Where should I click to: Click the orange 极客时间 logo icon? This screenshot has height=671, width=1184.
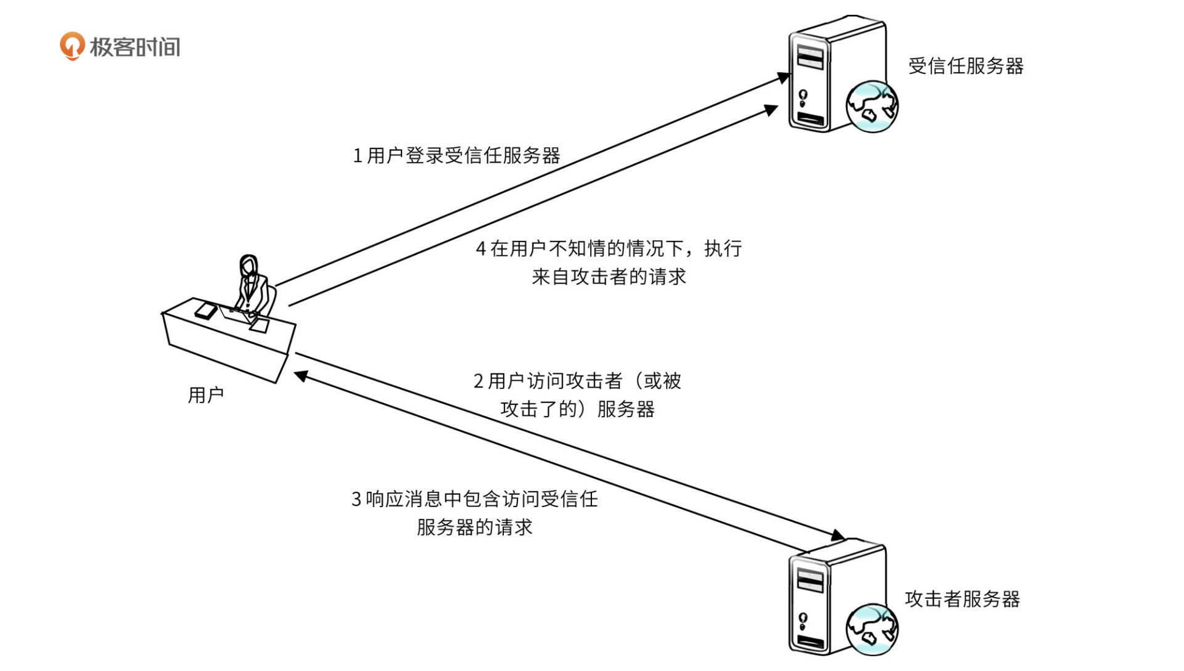pyautogui.click(x=72, y=46)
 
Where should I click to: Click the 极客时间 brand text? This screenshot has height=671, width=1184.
pyautogui.click(x=135, y=47)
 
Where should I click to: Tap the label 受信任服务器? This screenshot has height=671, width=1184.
pyautogui.click(x=965, y=66)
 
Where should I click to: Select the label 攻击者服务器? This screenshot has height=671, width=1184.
pyautogui.click(x=962, y=599)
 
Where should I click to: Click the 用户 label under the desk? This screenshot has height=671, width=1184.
pyautogui.click(x=205, y=395)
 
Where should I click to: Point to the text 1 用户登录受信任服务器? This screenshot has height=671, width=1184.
pyautogui.click(x=456, y=155)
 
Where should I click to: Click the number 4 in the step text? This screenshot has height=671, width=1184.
pyautogui.click(x=481, y=249)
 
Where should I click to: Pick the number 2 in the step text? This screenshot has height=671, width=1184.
pyautogui.click(x=479, y=381)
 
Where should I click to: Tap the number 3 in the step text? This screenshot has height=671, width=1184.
pyautogui.click(x=356, y=499)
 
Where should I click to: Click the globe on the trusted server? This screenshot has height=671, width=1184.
pyautogui.click(x=871, y=107)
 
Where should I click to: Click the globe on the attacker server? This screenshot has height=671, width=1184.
pyautogui.click(x=871, y=629)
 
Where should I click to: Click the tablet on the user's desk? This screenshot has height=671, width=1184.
pyautogui.click(x=205, y=311)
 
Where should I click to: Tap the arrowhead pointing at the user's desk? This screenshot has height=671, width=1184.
pyautogui.click(x=300, y=375)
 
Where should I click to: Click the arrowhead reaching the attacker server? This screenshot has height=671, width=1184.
pyautogui.click(x=837, y=535)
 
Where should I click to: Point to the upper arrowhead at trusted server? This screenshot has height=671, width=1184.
pyautogui.click(x=783, y=78)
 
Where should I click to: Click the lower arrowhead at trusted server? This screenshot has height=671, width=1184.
pyautogui.click(x=771, y=110)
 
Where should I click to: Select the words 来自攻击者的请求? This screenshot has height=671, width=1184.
pyautogui.click(x=609, y=277)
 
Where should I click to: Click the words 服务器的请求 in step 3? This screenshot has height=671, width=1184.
pyautogui.click(x=474, y=527)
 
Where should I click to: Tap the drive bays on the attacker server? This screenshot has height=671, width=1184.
pyautogui.click(x=810, y=579)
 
